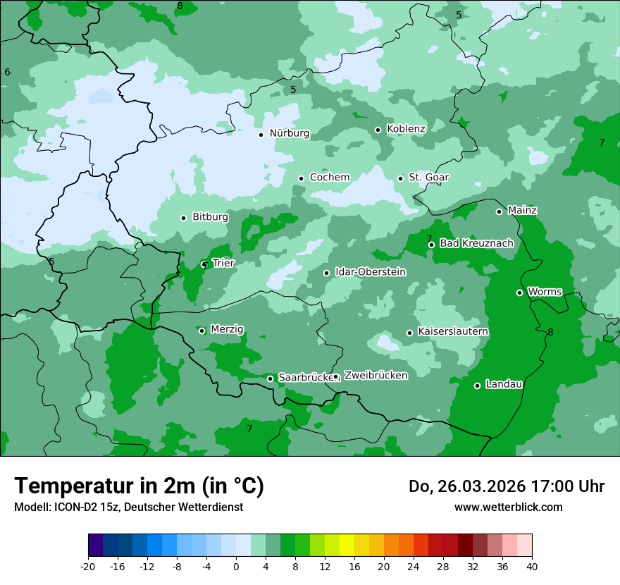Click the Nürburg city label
pyautogui.click(x=289, y=133)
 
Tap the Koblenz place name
pyautogui.click(x=406, y=129)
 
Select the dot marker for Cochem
pyautogui.click(x=301, y=178)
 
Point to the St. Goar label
pyautogui.click(x=429, y=178)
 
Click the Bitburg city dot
pyautogui.click(x=183, y=218)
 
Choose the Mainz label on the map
pyautogui.click(x=522, y=211)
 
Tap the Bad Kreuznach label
pyautogui.click(x=476, y=244)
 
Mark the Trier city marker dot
pyautogui.click(x=204, y=264)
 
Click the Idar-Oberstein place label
pyautogui.click(x=371, y=272)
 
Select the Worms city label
pyautogui.click(x=545, y=292)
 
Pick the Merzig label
pyautogui.click(x=227, y=330)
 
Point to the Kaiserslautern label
pyautogui.click(x=453, y=332)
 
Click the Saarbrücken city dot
pyautogui.click(x=270, y=378)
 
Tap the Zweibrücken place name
pyautogui.click(x=376, y=376)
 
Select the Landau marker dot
pyautogui.click(x=477, y=386)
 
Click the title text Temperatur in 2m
pyautogui.click(x=139, y=486)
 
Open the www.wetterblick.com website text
pyautogui.click(x=508, y=507)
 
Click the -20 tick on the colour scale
pyautogui.click(x=88, y=567)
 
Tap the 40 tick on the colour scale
pyautogui.click(x=532, y=567)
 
